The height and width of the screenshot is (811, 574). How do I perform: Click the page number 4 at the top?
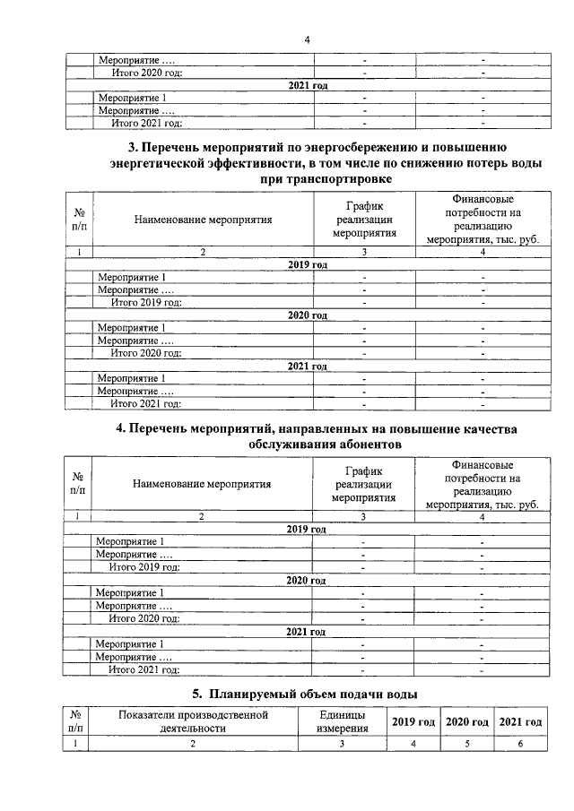tap(307, 39)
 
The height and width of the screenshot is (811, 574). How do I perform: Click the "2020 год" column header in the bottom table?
tap(466, 721)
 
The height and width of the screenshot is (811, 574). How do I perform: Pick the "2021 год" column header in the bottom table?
tap(520, 721)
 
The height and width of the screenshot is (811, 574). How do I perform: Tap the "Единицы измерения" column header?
tap(342, 721)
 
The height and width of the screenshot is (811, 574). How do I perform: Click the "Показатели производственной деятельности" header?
tap(193, 721)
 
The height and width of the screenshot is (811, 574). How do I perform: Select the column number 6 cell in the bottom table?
tap(520, 744)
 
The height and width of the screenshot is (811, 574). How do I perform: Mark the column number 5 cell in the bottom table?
tap(466, 744)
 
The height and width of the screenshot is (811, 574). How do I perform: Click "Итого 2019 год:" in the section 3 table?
tap(146, 302)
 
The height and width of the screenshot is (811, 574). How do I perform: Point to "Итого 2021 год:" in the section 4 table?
tap(144, 669)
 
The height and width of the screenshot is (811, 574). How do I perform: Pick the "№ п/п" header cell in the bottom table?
tap(78, 721)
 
